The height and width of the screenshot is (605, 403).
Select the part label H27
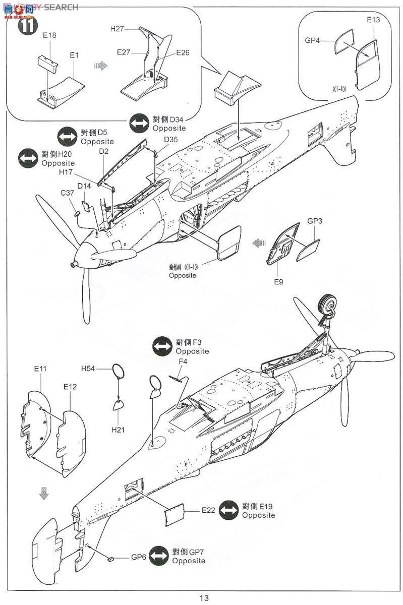click(x=118, y=29)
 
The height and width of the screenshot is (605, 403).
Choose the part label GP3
click(x=315, y=221)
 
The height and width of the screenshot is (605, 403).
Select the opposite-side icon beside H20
click(x=27, y=158)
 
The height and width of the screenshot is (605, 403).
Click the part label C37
click(x=68, y=193)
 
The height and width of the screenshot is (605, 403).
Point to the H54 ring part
click(x=118, y=372)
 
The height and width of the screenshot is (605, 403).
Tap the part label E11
click(x=40, y=369)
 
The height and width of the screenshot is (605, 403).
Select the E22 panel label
click(x=209, y=510)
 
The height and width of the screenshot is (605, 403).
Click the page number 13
click(x=203, y=598)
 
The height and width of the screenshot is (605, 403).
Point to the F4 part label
click(x=183, y=361)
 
